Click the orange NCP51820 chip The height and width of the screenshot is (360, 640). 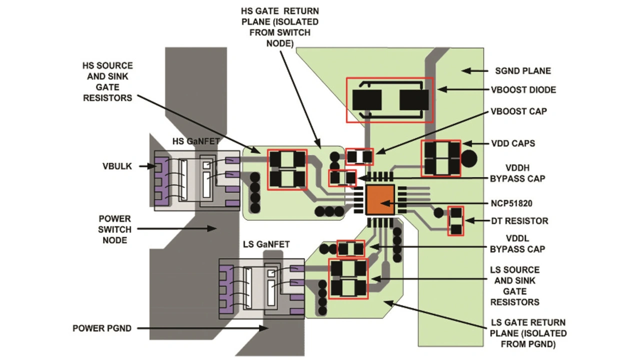380,199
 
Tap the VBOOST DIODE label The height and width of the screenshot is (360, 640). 523,90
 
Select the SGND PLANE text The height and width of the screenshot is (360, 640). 523,71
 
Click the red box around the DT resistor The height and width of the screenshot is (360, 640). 455,221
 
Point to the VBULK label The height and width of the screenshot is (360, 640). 117,166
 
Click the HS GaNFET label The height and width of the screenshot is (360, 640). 196,141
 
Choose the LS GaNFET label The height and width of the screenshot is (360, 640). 266,244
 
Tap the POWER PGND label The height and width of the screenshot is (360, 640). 102,328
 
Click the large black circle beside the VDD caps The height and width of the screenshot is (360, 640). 469,159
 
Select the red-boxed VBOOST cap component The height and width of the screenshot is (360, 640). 359,156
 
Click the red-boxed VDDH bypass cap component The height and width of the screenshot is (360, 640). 342,178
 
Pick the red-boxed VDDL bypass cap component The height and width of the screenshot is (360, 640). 351,249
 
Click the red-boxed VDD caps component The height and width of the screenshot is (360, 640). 441,158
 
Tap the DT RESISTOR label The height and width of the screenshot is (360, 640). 519,221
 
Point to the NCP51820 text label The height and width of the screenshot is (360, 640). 511,203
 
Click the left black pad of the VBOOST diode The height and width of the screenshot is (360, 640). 367,100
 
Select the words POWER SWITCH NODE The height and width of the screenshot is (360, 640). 114,229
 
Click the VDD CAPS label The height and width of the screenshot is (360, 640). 513,143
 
